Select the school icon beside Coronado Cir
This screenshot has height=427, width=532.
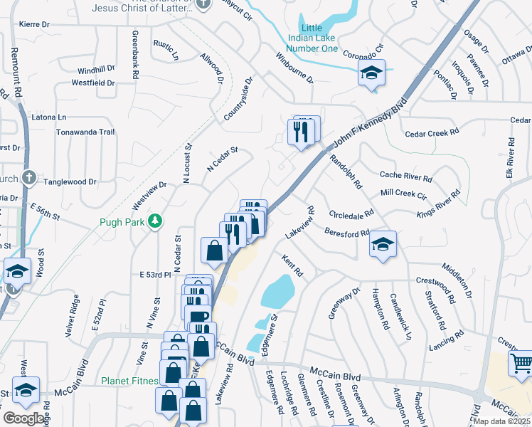[x=371, y=73]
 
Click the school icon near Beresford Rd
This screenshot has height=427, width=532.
[x=383, y=246]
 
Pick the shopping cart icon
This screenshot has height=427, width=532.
[x=522, y=364]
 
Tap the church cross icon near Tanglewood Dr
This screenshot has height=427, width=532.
[x=28, y=177]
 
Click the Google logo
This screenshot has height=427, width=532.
[x=23, y=418]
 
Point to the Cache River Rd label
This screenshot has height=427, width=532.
[x=405, y=175]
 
